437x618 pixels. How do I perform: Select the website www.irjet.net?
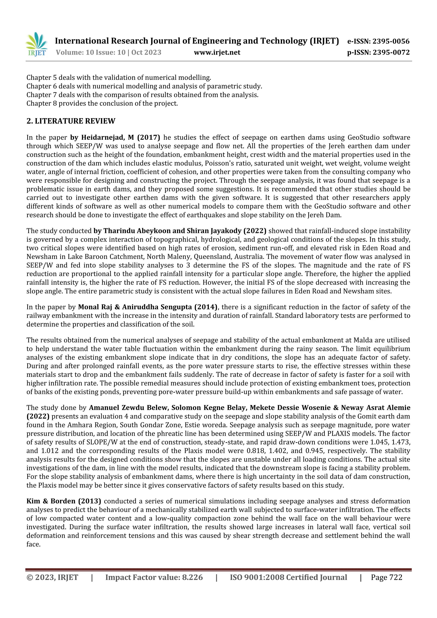217,52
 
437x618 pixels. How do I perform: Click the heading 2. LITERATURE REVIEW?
71,121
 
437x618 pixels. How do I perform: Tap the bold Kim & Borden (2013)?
64,501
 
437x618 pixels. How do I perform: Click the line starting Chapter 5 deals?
118,78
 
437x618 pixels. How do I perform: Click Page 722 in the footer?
386,577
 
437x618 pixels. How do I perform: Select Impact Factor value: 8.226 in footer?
154,577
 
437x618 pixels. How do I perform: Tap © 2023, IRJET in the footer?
52,577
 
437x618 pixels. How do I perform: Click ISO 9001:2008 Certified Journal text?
288,577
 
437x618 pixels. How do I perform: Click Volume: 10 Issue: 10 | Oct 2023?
109,52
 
